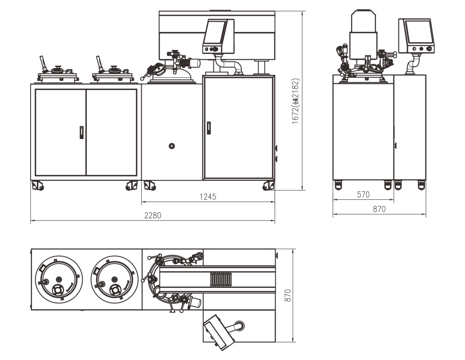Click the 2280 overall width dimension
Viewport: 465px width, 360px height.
click(x=152, y=216)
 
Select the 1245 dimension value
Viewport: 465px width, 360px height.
click(x=208, y=196)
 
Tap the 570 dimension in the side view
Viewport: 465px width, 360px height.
click(x=363, y=194)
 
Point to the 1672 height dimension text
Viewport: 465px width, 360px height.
click(x=295, y=101)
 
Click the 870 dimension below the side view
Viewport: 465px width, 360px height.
click(x=379, y=209)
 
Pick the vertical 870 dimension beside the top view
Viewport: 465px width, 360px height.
click(x=288, y=295)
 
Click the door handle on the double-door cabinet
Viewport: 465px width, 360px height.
click(x=81, y=132)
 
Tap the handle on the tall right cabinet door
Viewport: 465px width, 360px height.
click(x=209, y=128)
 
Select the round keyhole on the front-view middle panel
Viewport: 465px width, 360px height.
click(x=171, y=146)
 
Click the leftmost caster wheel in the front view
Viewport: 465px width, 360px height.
click(x=37, y=185)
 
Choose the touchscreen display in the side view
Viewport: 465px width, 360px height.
click(x=419, y=32)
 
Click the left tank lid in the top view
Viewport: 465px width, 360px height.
click(x=58, y=279)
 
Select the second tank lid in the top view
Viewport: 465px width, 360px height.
click(x=113, y=279)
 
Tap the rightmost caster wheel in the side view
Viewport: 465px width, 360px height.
click(x=421, y=184)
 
